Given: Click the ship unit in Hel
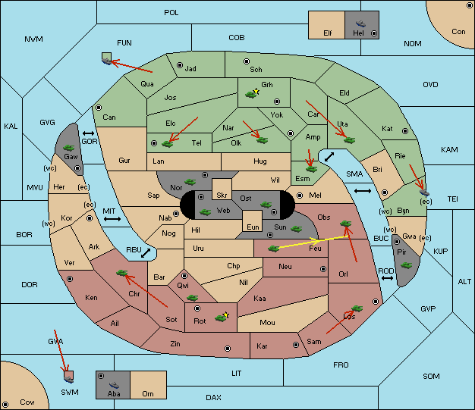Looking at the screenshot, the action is tap(360, 23).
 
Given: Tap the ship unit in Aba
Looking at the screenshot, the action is tap(115, 384).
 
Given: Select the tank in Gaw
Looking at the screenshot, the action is tap(69, 147).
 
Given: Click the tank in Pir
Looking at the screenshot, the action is tap(406, 265).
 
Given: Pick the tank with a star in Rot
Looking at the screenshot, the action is tap(222, 317).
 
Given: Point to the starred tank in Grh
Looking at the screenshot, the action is tap(252, 93).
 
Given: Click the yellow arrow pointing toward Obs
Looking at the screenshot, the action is tap(313, 243).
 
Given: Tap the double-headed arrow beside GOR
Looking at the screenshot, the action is tap(88, 133).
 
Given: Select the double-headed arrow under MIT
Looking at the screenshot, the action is tap(112, 219).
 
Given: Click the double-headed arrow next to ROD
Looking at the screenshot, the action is tap(387, 278).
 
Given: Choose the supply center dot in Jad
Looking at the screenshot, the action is tap(180, 65).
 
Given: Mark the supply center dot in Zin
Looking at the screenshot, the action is tap(228, 349).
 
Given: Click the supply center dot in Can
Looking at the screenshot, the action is tap(99, 108).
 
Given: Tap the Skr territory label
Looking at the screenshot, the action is tap(222, 196).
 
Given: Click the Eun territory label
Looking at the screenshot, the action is tap(253, 227).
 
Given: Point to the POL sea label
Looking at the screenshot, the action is tap(171, 13).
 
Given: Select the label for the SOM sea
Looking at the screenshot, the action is tap(431, 376).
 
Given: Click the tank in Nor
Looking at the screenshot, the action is tap(190, 182).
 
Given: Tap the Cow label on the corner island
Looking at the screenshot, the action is tap(27, 402).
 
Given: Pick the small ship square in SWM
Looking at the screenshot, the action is tap(69, 377).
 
